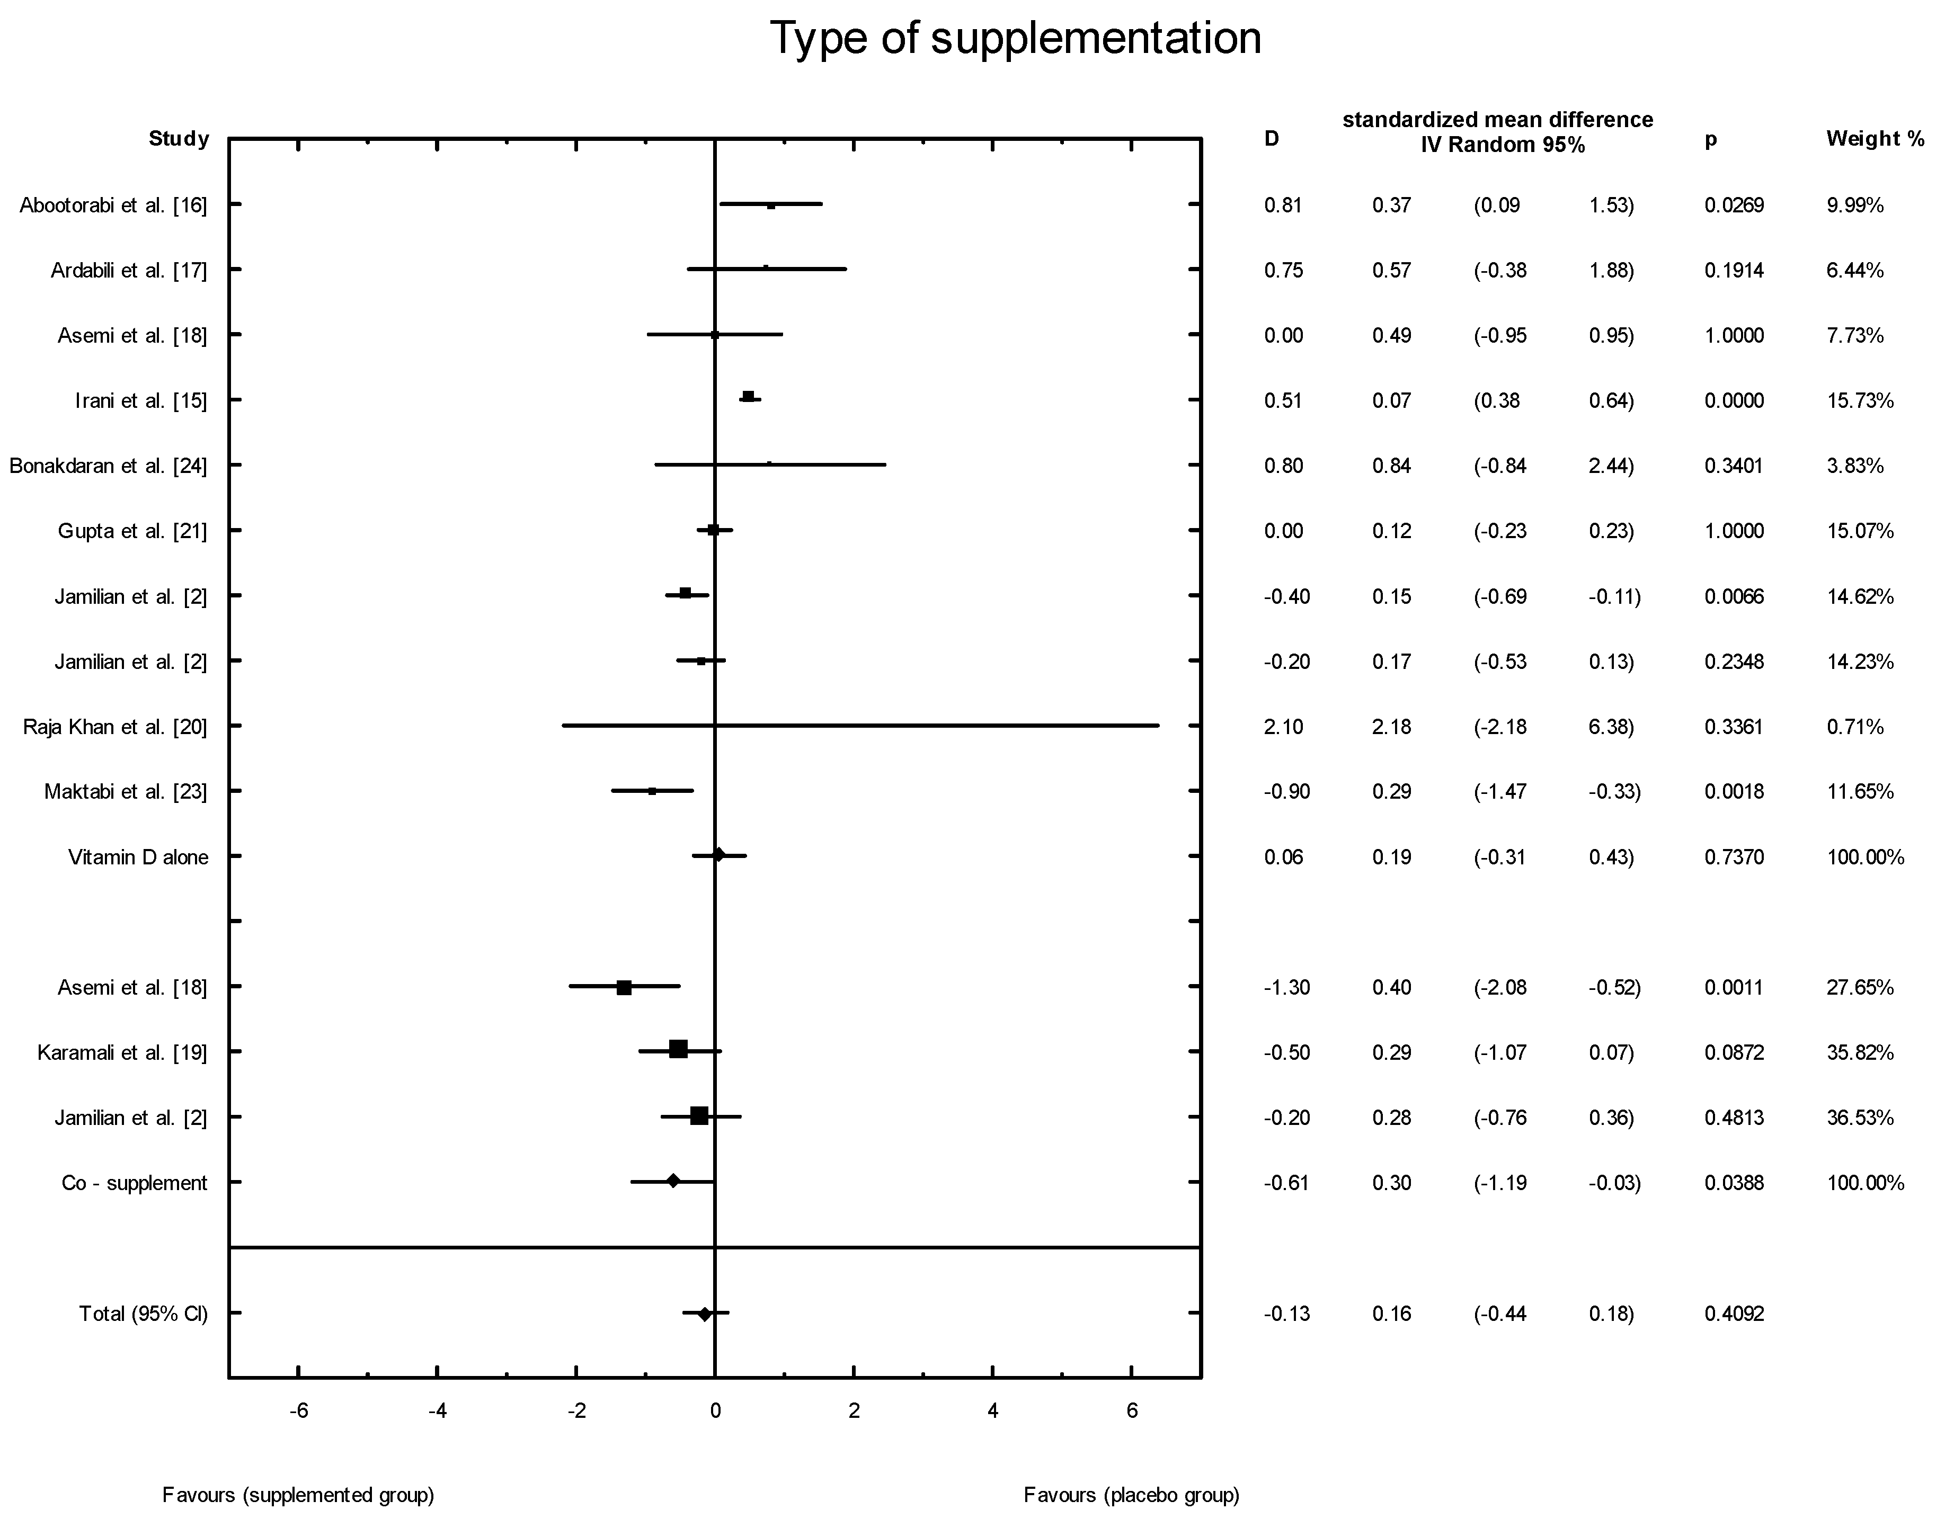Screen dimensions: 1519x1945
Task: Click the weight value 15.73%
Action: tap(1860, 401)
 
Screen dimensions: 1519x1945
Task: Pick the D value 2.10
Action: tap(1283, 727)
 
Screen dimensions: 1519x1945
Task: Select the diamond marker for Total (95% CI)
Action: tap(705, 1314)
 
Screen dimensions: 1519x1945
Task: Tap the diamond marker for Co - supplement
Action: tap(673, 1182)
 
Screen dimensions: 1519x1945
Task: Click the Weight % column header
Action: tap(1875, 139)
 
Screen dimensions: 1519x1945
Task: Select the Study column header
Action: tap(179, 139)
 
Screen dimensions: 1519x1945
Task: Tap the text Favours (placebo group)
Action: tap(1131, 1495)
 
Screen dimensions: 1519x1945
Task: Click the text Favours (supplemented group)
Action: tap(298, 1495)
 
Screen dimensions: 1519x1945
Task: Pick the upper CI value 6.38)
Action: tap(1611, 727)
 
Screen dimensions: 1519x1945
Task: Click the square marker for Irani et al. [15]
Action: tap(748, 396)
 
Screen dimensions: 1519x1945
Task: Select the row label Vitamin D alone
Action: tap(139, 857)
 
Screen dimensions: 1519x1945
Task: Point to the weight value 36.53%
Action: tap(1860, 1118)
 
